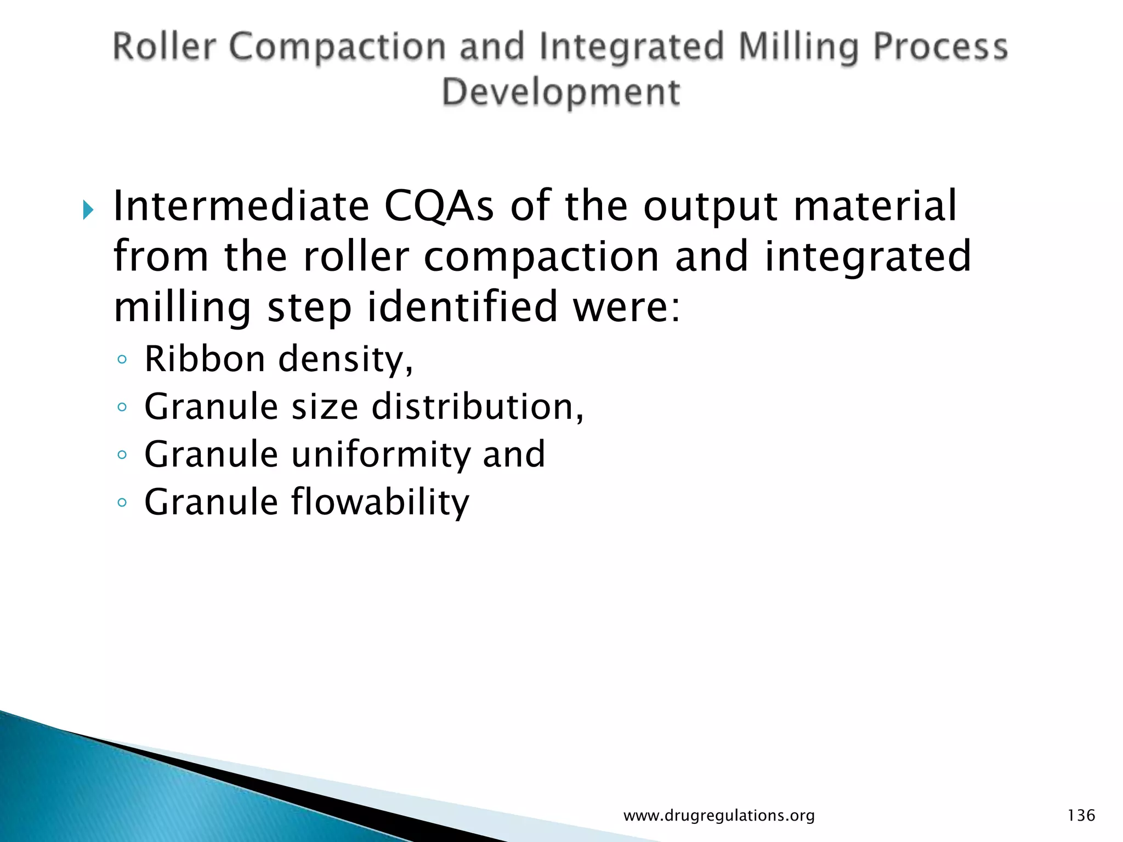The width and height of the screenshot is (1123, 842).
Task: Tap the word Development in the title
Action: (x=561, y=92)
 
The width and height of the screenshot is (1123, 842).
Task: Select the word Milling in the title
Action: (x=798, y=47)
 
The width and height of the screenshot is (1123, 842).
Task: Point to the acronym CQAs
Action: (x=439, y=207)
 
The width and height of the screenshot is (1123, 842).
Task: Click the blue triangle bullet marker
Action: (x=88, y=209)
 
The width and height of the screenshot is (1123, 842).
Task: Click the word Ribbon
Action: (x=205, y=359)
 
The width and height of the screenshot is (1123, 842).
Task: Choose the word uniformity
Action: (x=379, y=455)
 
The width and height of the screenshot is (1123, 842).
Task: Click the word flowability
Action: (x=379, y=502)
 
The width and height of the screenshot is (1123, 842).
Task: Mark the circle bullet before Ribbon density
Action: (x=122, y=360)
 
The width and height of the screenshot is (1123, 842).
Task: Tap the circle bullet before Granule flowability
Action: (x=122, y=503)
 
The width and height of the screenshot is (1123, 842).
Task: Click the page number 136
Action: (x=1081, y=815)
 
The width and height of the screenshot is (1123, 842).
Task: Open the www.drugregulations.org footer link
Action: (x=719, y=816)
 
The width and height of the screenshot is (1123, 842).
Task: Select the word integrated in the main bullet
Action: (x=867, y=257)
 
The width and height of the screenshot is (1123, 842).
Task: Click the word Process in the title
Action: (x=940, y=47)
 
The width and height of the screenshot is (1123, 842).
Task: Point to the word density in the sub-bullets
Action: (x=345, y=360)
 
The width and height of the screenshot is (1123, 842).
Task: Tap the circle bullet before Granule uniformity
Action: (x=122, y=455)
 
